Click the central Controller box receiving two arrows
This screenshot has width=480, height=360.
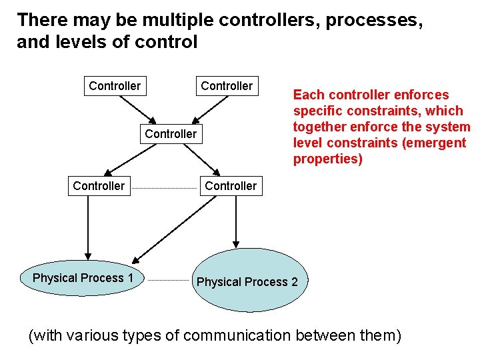click(171, 133)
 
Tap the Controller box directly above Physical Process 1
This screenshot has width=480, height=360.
click(99, 185)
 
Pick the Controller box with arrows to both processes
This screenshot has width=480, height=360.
click(231, 185)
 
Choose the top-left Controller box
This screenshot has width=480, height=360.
click(115, 86)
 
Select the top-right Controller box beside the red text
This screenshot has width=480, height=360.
click(227, 86)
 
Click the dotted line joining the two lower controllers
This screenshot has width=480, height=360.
click(165, 187)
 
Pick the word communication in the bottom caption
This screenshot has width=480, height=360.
click(235, 335)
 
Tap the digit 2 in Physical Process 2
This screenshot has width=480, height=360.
click(294, 282)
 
